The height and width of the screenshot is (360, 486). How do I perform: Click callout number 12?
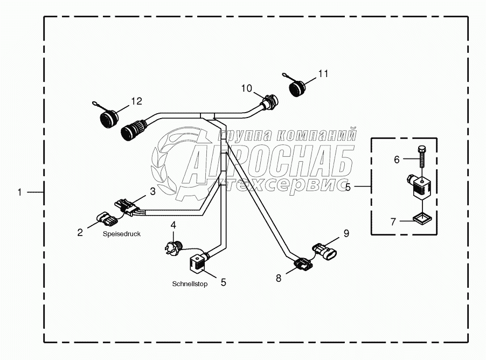click(x=136, y=100)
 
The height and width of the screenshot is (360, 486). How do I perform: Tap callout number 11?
click(x=322, y=73)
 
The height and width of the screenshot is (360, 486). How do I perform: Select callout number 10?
click(x=246, y=88)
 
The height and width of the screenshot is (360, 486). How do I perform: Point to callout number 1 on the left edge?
click(x=20, y=192)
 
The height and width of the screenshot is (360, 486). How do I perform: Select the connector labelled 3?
click(x=126, y=207)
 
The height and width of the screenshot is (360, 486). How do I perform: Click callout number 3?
click(x=152, y=191)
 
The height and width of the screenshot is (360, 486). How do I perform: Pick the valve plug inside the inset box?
click(x=421, y=186)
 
